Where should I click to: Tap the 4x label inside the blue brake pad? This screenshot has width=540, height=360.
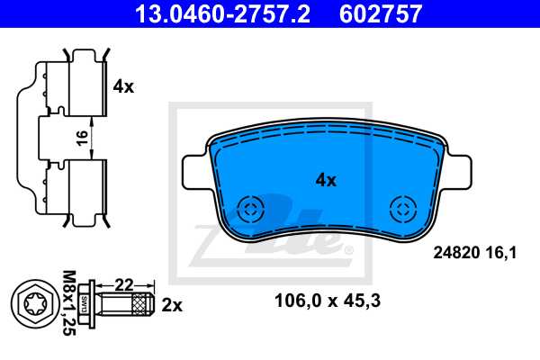pyautogui.click(x=325, y=180)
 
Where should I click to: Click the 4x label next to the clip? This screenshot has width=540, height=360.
pyautogui.click(x=123, y=87)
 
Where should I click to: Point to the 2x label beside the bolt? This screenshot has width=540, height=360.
pyautogui.click(x=171, y=305)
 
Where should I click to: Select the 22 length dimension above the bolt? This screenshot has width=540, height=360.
pyautogui.click(x=125, y=284)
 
